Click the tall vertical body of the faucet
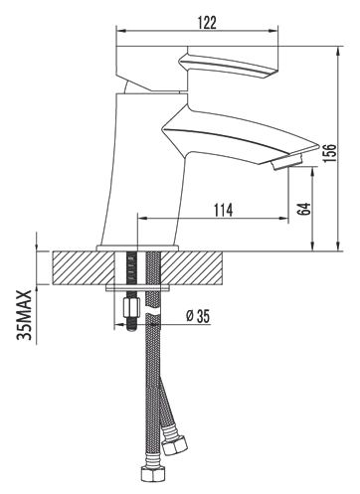click(x=147, y=169)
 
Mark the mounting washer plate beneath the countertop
click(x=140, y=289)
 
